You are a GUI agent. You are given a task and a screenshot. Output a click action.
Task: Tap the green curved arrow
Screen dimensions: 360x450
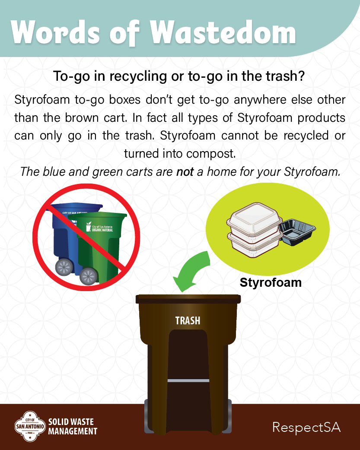[193, 271]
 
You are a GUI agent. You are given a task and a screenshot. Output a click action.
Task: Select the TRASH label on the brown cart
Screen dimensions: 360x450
[188, 320]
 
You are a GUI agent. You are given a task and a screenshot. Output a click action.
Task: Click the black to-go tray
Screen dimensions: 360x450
[297, 231]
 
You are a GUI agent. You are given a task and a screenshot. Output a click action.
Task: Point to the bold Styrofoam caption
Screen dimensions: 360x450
[271, 282]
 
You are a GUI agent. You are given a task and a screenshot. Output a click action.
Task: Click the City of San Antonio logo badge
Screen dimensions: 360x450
[30, 426]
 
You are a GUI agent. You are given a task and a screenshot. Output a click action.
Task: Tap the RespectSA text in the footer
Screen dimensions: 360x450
[306, 428]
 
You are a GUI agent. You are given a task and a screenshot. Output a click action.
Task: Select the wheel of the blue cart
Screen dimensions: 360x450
[64, 267]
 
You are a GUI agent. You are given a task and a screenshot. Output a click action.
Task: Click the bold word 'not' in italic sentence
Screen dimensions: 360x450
[185, 171]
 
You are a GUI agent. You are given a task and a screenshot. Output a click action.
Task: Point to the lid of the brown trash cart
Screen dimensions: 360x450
[188, 299]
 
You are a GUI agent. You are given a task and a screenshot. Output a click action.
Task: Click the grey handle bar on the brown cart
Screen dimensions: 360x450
[188, 380]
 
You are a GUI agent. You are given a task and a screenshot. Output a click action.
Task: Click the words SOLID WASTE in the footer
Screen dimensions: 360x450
[71, 421]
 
